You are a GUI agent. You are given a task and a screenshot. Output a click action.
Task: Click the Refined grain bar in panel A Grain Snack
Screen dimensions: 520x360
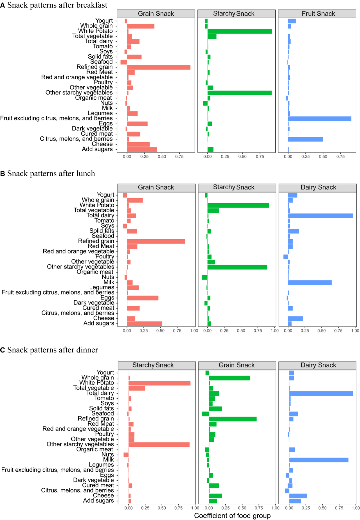coord(158,67)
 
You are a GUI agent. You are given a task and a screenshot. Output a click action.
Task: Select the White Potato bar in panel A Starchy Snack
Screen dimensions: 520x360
coord(239,31)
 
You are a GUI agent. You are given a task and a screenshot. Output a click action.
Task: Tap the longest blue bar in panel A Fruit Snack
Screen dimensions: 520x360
coord(319,119)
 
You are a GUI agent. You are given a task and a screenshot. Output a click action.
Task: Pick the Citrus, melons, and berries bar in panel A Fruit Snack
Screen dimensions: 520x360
coord(305,139)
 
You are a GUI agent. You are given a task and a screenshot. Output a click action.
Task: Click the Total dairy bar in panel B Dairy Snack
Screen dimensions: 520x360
coord(320,216)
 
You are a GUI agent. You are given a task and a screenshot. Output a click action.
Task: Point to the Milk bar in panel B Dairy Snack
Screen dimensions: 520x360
coord(309,282)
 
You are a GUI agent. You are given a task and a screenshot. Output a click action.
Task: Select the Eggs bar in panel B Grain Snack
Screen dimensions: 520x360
coord(142,298)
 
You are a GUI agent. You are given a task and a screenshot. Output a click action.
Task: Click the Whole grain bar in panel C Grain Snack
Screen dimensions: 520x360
coord(229,378)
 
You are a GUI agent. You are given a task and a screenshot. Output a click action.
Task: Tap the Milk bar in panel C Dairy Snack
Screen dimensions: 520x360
coord(318,460)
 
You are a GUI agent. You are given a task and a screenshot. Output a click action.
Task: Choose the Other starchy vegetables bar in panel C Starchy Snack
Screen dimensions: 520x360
coord(159,445)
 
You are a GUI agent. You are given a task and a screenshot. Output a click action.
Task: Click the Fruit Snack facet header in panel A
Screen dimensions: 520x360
coord(318,14)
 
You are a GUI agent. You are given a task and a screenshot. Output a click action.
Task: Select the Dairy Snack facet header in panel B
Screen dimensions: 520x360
coord(318,188)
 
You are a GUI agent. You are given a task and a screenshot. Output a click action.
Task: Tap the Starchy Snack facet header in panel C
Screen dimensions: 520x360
coord(153,365)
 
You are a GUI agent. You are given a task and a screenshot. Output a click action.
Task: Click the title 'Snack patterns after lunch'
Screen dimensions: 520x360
coord(51,174)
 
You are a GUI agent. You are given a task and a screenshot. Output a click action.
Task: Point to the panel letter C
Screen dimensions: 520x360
coord(3,350)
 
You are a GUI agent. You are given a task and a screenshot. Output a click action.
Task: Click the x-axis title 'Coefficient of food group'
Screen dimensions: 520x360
coord(232,516)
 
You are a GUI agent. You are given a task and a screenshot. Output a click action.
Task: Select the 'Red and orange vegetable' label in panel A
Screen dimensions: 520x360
coord(77,77)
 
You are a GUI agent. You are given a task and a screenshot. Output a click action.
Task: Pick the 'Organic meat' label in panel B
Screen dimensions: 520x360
coord(95,272)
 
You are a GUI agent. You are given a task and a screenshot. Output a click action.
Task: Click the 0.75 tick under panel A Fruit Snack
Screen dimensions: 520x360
coord(340,157)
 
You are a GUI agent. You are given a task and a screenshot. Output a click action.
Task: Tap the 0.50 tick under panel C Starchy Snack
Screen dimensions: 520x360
coord(162,508)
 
